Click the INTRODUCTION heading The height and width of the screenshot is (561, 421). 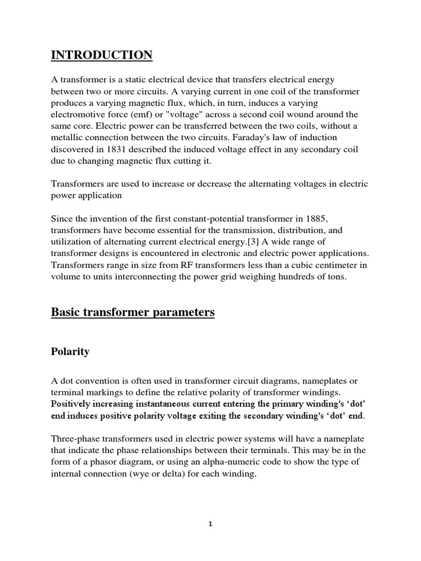[x=102, y=55]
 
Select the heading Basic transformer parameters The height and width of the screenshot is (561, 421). [x=133, y=312]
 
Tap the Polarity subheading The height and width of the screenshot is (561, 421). [x=70, y=352]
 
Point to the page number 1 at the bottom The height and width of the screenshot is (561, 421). [x=210, y=523]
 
